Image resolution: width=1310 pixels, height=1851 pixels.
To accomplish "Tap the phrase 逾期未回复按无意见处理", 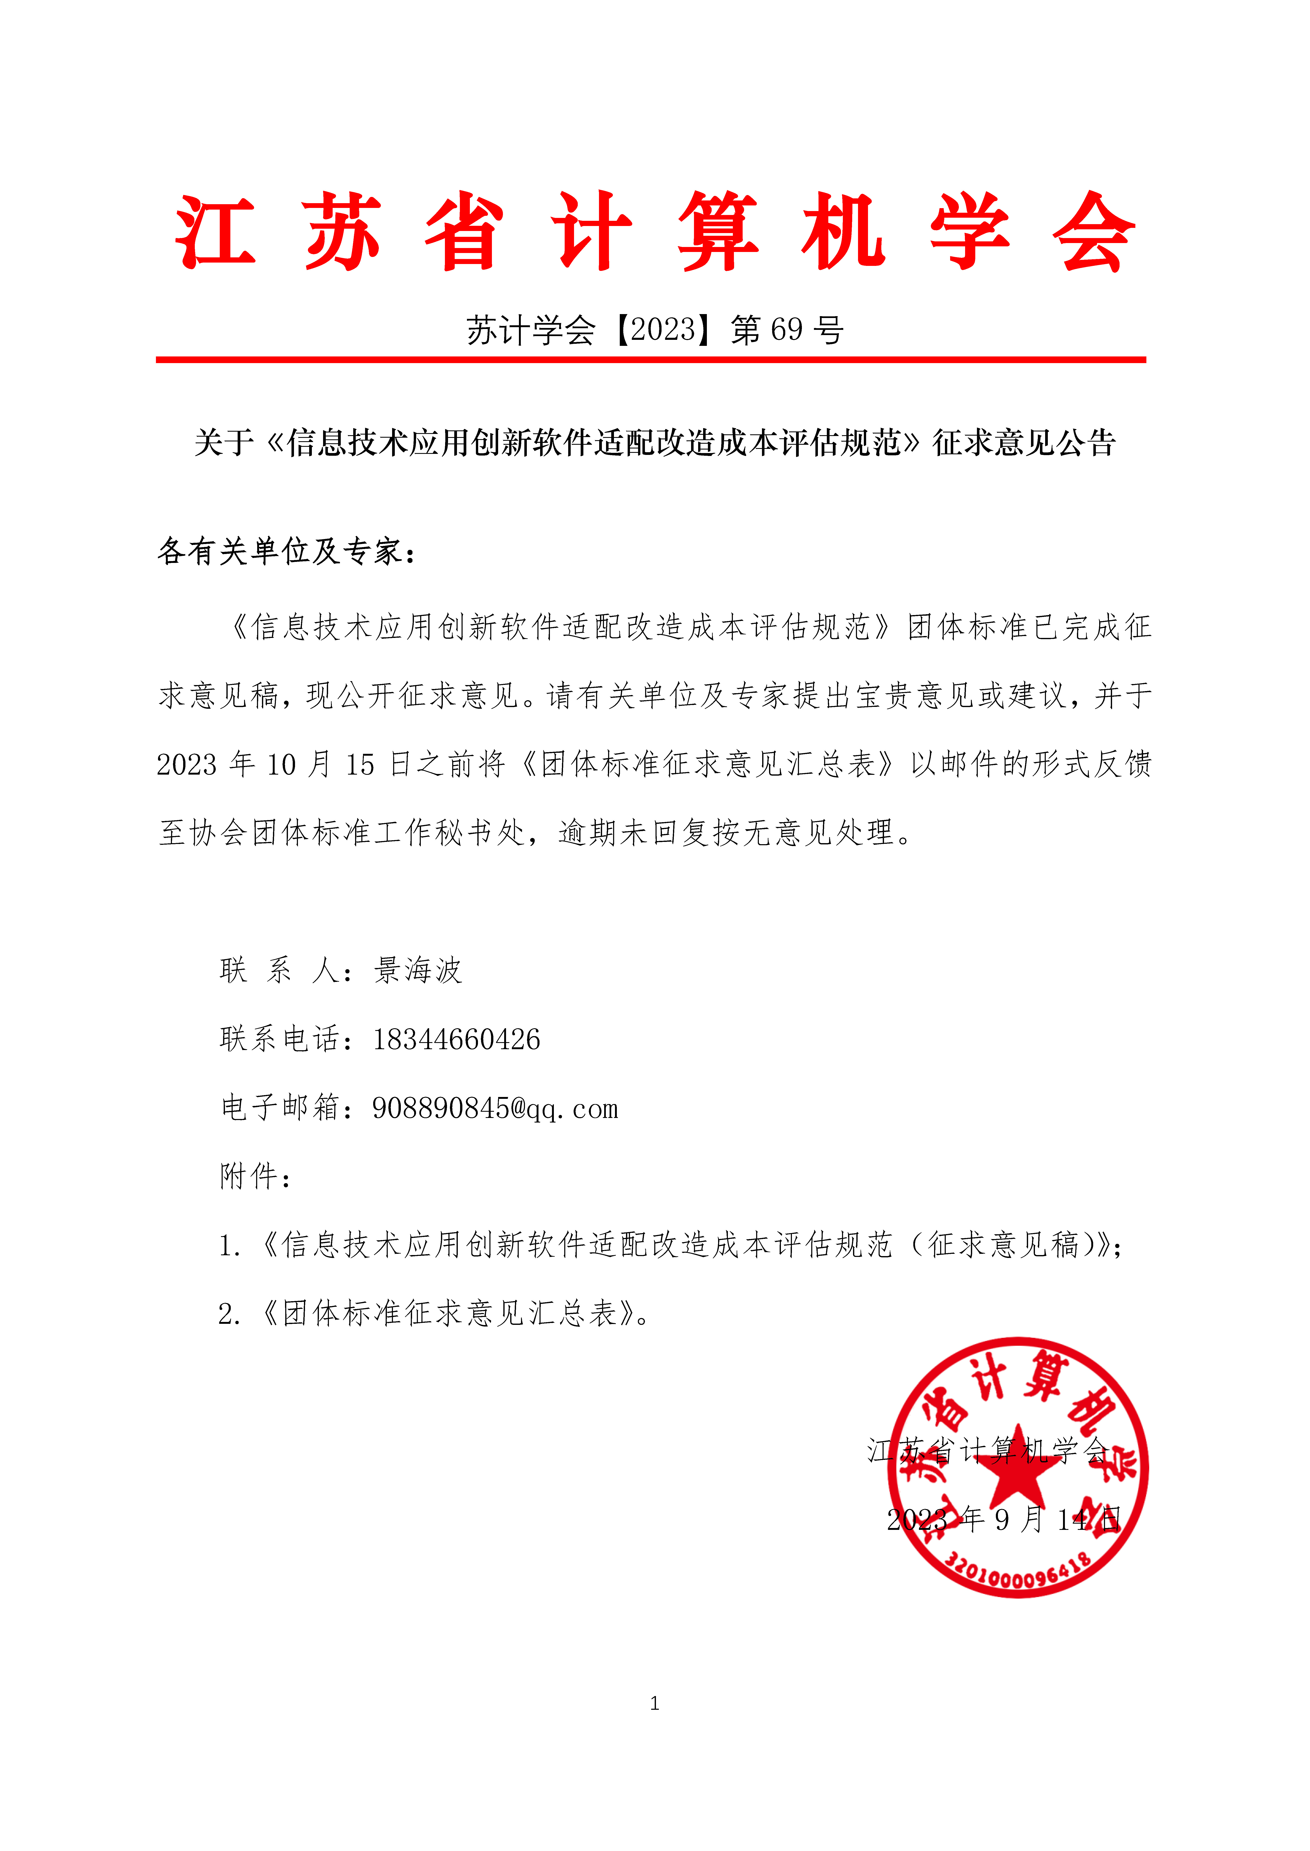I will tap(726, 833).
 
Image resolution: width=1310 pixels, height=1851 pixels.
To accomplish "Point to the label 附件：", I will tap(254, 1177).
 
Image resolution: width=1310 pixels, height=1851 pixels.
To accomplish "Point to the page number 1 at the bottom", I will tap(654, 1704).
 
